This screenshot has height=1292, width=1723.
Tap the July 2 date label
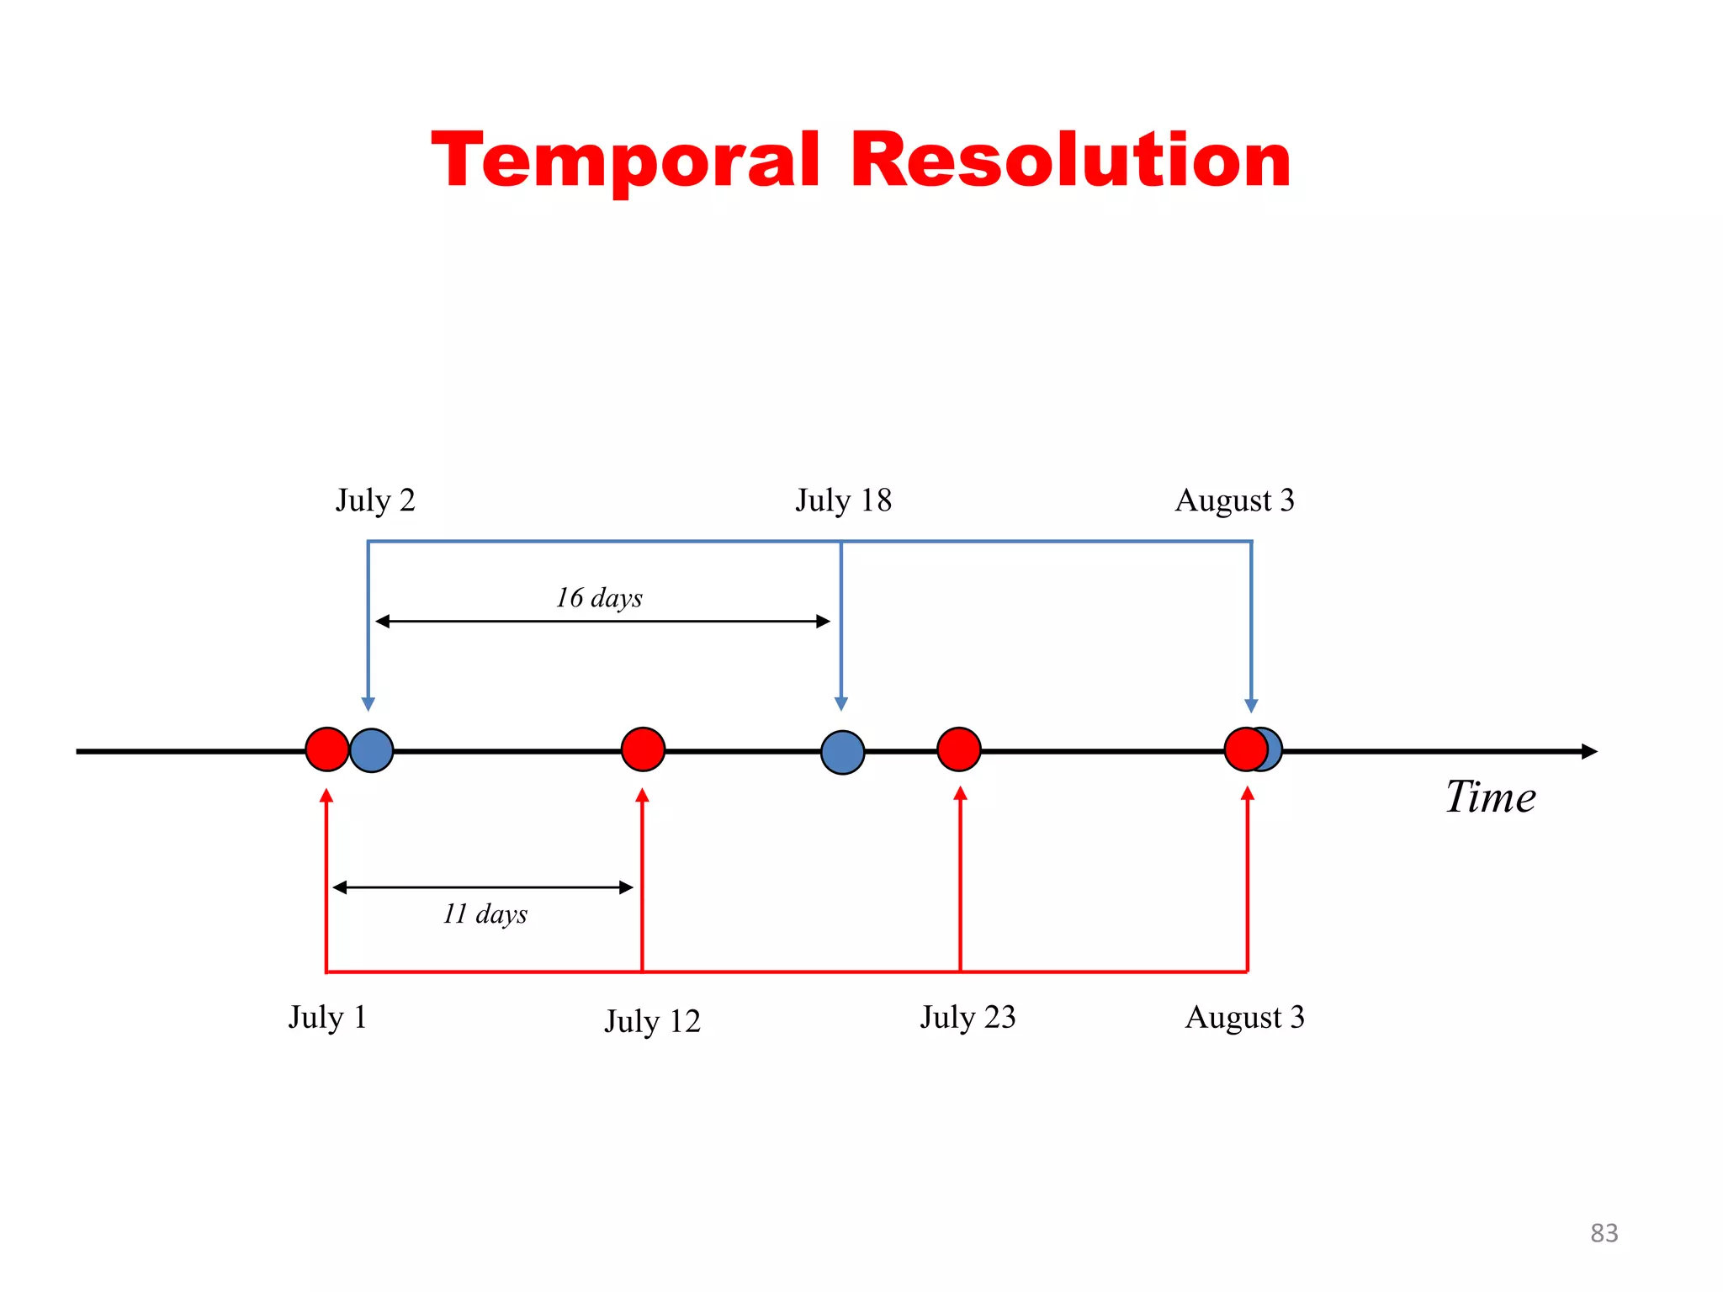[375, 500]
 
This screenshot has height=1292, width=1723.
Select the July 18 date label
[843, 500]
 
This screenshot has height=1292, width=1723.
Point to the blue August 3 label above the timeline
[1234, 500]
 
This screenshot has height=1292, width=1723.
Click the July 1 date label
[328, 1017]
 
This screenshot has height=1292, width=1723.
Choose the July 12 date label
[652, 1021]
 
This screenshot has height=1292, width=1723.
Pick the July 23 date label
[968, 1017]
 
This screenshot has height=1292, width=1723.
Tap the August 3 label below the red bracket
[1244, 1017]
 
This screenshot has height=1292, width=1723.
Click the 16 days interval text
[599, 598]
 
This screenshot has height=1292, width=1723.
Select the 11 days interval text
[485, 913]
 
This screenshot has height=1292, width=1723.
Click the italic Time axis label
[1490, 797]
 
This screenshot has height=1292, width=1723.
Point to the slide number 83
[1604, 1233]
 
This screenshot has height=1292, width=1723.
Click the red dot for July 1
[326, 749]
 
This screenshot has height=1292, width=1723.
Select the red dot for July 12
[643, 749]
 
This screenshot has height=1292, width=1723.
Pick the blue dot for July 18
[842, 752]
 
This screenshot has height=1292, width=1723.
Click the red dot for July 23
[959, 749]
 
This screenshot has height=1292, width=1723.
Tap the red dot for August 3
[1244, 749]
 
